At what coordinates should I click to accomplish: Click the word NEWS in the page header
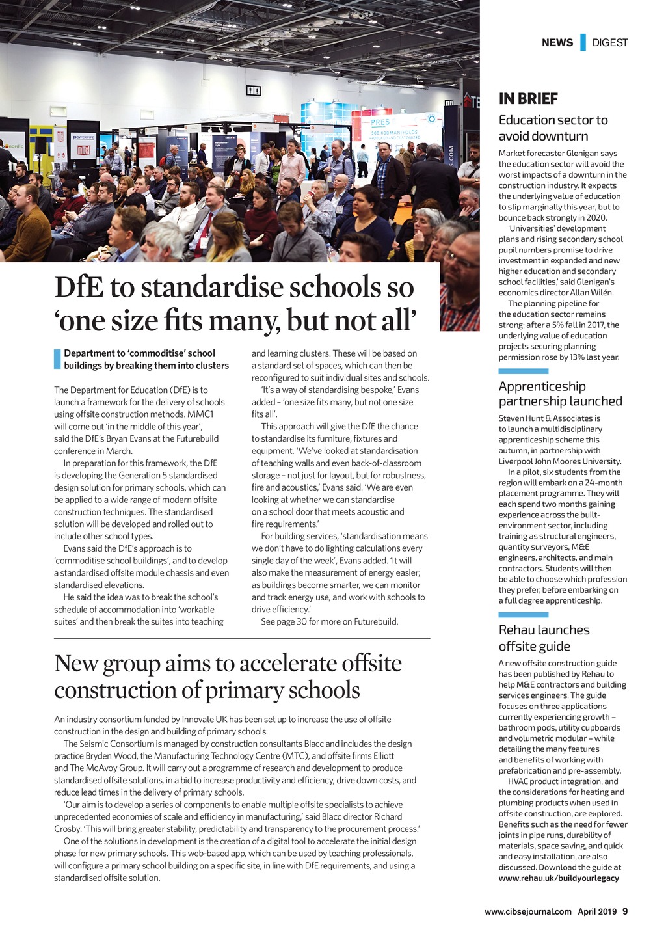tap(557, 43)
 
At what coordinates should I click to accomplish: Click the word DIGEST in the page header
tap(609, 43)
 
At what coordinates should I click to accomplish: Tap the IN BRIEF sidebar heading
tap(528, 99)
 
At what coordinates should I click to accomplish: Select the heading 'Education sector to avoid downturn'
tap(553, 128)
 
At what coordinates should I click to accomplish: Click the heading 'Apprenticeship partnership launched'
tap(560, 394)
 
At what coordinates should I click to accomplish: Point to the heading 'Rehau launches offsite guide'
tap(544, 638)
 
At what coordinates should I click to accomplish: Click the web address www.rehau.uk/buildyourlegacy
tap(559, 878)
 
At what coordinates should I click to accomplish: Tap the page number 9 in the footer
tap(625, 911)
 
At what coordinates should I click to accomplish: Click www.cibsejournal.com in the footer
tap(528, 911)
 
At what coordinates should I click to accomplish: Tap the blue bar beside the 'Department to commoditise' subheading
tap(57, 359)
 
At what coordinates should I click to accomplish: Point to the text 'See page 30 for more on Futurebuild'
tap(329, 621)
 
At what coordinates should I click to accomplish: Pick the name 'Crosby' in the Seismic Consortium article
tap(67, 829)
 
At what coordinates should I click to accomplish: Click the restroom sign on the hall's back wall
tap(253, 90)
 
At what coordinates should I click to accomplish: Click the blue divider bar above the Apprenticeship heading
tap(523, 371)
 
